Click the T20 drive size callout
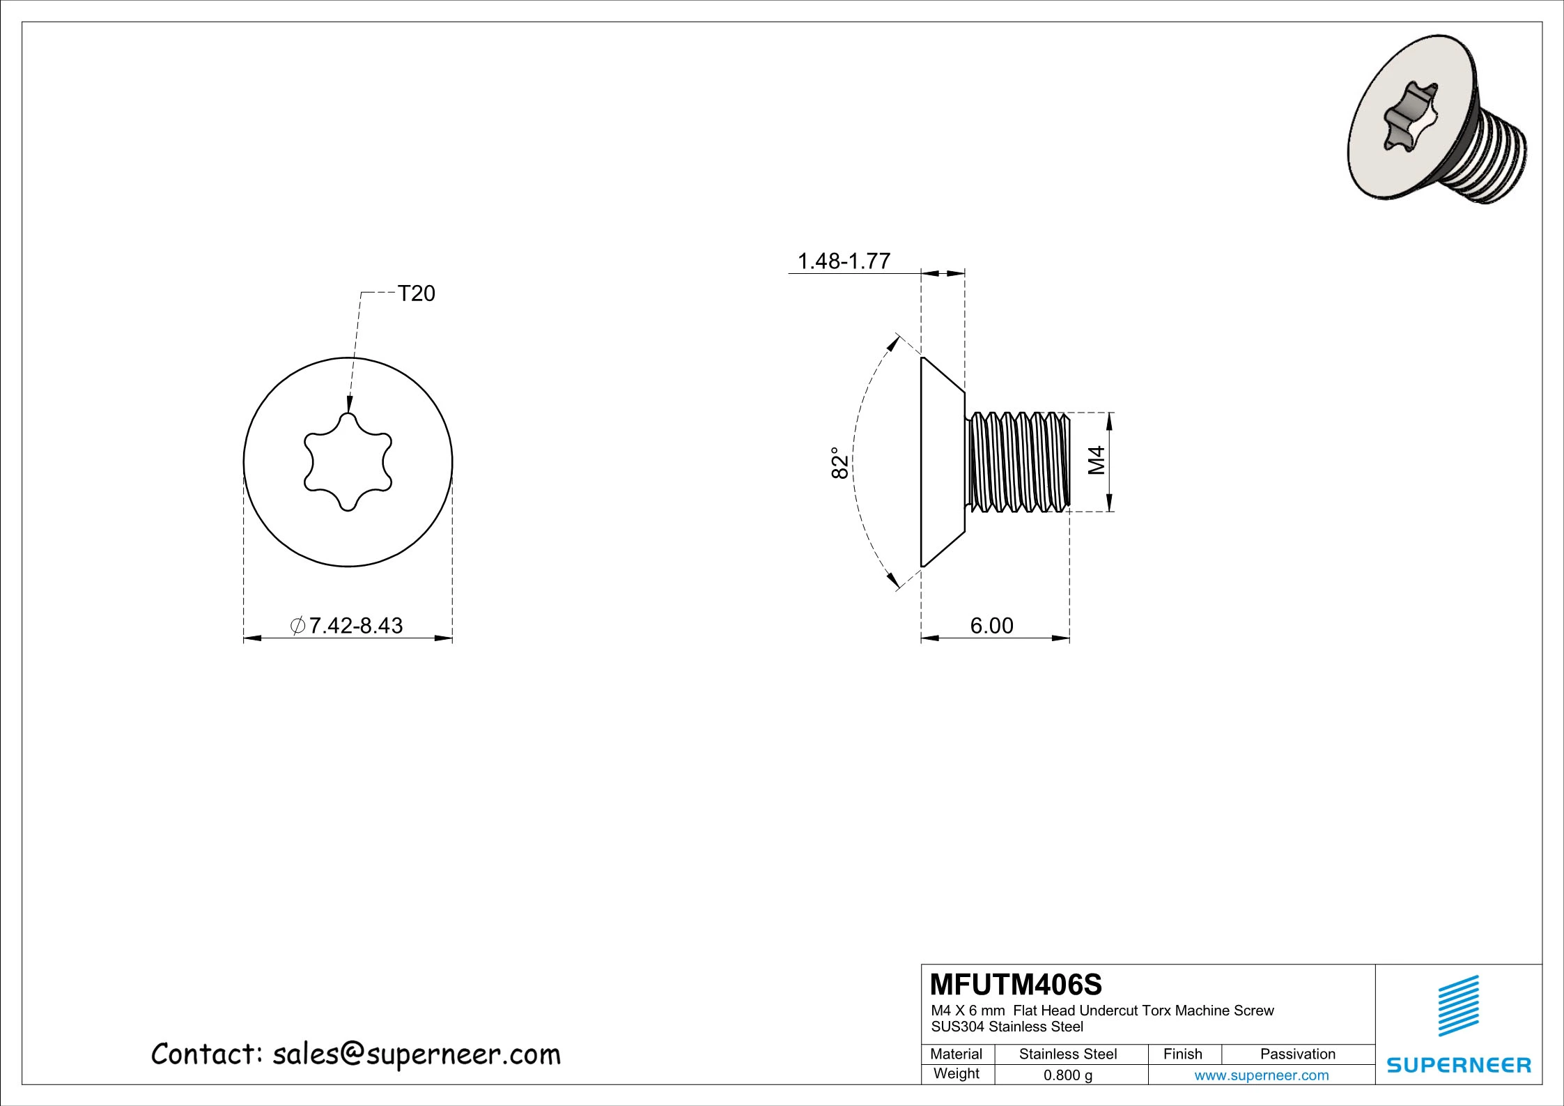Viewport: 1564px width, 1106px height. tap(416, 293)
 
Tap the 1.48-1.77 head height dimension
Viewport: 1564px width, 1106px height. tap(843, 261)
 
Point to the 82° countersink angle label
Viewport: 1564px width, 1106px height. tap(840, 463)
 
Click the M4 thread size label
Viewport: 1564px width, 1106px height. tap(1097, 461)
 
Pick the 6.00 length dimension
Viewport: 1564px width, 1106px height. tap(991, 625)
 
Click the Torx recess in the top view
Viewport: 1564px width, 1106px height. tap(348, 462)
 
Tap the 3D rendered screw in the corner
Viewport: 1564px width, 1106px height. tap(1435, 129)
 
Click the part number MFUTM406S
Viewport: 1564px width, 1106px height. tap(1016, 985)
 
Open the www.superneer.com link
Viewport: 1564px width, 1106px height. tap(1261, 1075)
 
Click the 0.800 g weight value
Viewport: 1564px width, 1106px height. tap(1067, 1075)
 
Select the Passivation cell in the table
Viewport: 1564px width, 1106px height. tap(1297, 1054)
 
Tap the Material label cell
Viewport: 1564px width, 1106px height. tap(956, 1054)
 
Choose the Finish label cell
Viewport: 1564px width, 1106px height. tap(1182, 1054)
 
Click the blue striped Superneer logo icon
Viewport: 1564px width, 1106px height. tap(1458, 1006)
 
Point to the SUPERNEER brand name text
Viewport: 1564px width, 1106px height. tap(1458, 1065)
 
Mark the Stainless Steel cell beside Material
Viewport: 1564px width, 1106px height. tap(1067, 1054)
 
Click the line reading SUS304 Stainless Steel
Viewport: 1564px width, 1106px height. tap(1007, 1027)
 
